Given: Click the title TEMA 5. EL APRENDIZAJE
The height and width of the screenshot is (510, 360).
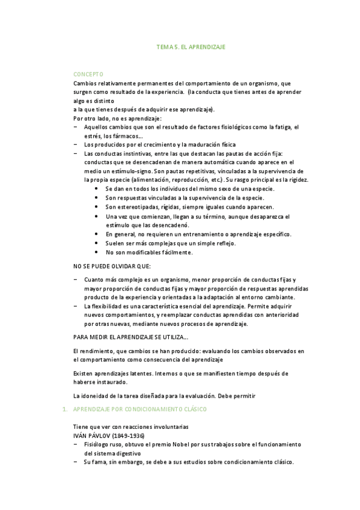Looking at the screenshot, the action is [191, 46].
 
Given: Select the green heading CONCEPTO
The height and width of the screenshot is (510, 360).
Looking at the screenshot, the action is [88, 74].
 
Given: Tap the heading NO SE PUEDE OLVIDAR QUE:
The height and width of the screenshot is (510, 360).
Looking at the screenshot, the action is [112, 266].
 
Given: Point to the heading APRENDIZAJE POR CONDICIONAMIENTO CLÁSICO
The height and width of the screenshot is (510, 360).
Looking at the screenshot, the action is [139, 409].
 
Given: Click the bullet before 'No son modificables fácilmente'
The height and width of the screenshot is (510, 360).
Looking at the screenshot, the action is [97, 252].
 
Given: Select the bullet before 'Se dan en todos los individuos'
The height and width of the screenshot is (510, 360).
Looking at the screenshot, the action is [97, 189].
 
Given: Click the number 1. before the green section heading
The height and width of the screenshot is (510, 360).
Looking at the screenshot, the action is [65, 409].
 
